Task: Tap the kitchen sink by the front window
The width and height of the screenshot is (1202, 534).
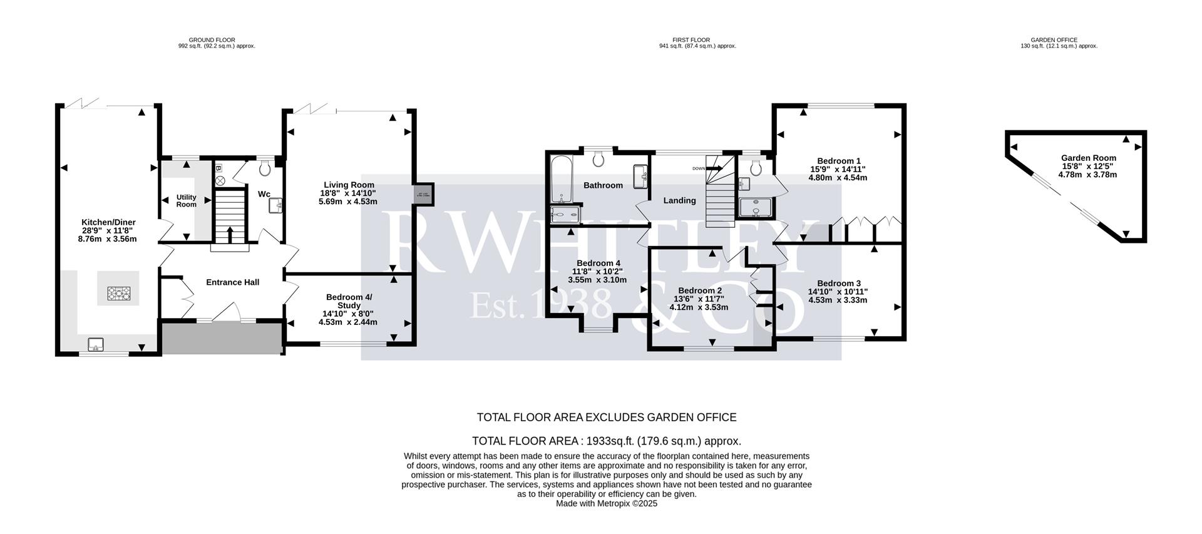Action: [x=96, y=343]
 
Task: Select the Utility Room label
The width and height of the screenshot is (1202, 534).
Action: [x=186, y=201]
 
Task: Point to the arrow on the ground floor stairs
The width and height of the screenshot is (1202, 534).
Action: [x=229, y=234]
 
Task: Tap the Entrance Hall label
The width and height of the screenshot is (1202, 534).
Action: [x=232, y=282]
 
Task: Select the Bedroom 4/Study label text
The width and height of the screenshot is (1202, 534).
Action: [x=349, y=301]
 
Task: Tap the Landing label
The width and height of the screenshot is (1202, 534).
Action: [x=679, y=201]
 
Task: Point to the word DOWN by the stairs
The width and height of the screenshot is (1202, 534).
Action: [x=698, y=168]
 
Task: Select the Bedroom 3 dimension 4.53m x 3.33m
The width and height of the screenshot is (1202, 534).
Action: [x=838, y=300]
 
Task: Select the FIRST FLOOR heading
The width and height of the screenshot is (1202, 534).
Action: [x=691, y=40]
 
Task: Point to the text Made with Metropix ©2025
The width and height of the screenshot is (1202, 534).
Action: [x=606, y=503]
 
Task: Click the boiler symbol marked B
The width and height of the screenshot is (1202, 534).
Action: [x=218, y=168]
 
